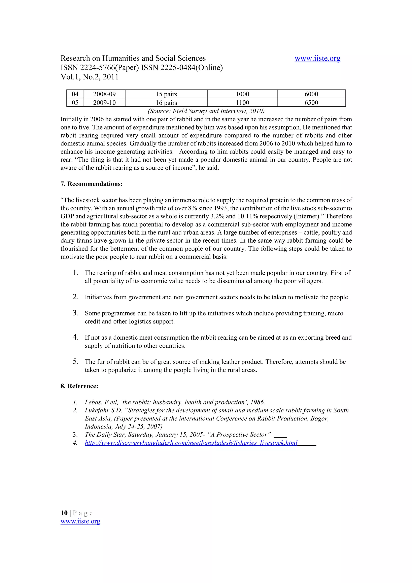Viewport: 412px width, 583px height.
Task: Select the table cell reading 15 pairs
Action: coord(166,94)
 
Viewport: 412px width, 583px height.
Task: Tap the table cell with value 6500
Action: coord(311,103)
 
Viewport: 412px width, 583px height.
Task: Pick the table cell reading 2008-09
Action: coord(104,94)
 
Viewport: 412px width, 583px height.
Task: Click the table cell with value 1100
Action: coord(242,103)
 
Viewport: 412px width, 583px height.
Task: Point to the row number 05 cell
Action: coord(75,103)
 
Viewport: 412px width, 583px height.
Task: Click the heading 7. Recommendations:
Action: coord(91,184)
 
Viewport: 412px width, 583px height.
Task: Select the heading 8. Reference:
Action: coord(79,386)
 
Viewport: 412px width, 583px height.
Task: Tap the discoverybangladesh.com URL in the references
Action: coord(191,443)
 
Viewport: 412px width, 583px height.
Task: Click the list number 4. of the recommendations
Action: coord(75,337)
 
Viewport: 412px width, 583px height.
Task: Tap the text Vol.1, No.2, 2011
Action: coord(89,77)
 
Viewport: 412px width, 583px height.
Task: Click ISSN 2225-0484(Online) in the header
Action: coord(182,68)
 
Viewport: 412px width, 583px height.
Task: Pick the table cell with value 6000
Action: coord(311,94)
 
